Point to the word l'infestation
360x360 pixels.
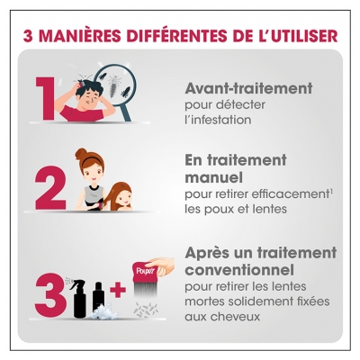tap(217, 119)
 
